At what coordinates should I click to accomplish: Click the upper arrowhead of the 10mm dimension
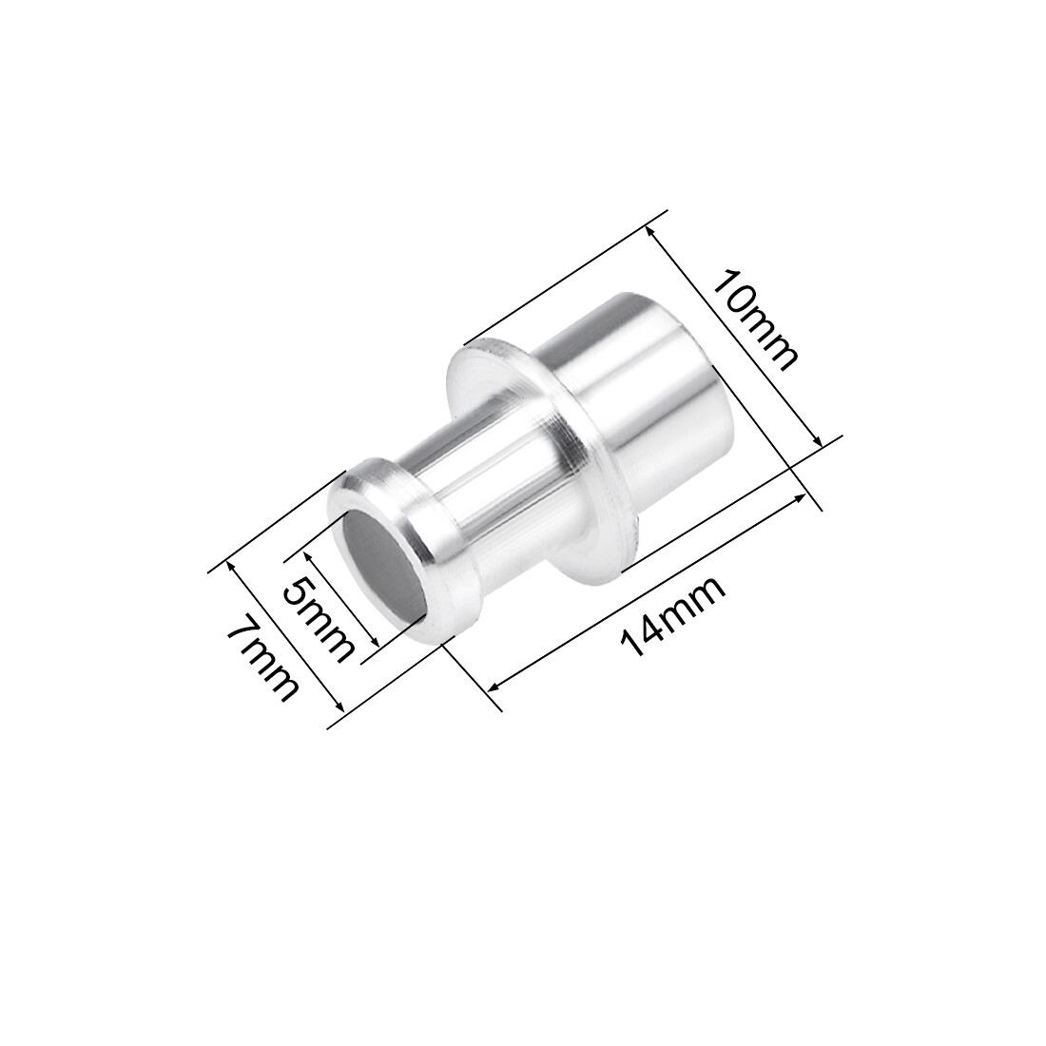[649, 229]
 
